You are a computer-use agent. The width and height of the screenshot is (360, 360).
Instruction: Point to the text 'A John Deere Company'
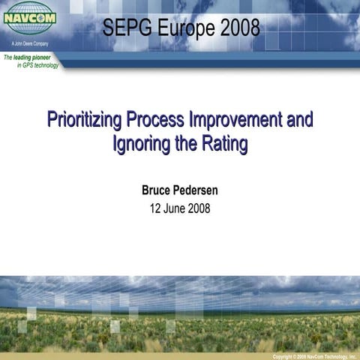[x=31, y=45]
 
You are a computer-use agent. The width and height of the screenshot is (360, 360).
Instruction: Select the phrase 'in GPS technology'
[x=37, y=65]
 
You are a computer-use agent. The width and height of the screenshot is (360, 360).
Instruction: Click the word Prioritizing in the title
[x=85, y=120]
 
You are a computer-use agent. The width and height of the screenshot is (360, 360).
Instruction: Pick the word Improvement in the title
[x=235, y=120]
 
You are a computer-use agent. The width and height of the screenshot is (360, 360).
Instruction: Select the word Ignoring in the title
[x=141, y=143]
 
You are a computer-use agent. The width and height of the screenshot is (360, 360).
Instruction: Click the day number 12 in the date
[x=157, y=208]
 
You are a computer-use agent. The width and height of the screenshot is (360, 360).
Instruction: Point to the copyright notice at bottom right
[x=313, y=356]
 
